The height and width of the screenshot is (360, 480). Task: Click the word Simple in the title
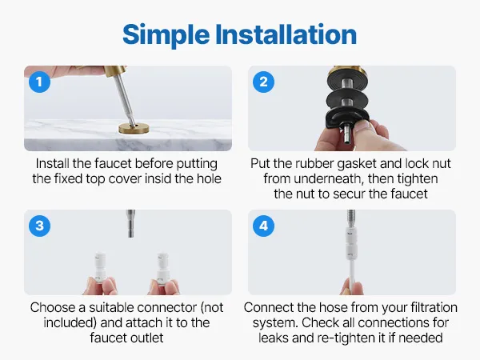[x=166, y=35]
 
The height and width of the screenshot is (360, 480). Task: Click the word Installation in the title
[x=286, y=34]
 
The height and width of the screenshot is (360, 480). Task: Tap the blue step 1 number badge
[x=39, y=82]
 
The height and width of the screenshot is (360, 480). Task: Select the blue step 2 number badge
[x=263, y=82]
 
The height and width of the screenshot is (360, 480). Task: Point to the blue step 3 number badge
[x=39, y=226]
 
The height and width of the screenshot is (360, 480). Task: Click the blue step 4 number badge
[x=263, y=226]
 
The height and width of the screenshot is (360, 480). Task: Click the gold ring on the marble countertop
[x=134, y=128]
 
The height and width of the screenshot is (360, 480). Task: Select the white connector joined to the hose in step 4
[x=351, y=242]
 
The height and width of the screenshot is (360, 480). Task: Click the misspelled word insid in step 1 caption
[x=158, y=178]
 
